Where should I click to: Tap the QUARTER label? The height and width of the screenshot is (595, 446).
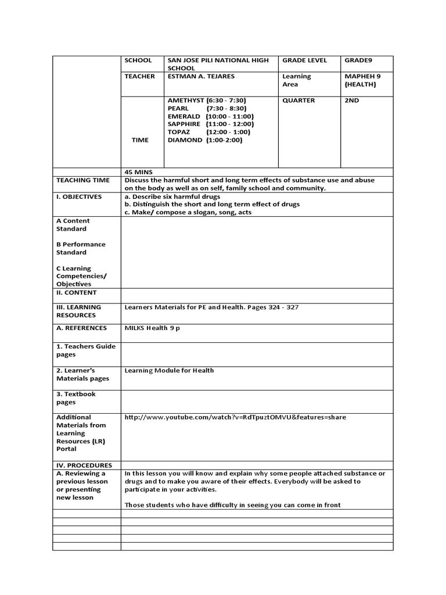298,101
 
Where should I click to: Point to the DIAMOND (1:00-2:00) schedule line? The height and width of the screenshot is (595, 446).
205,140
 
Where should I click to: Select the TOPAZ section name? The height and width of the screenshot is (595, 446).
179,132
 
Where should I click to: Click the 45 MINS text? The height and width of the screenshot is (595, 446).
138,172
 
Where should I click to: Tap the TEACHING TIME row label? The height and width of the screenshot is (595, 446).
82,180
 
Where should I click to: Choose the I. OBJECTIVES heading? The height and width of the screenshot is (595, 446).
79,196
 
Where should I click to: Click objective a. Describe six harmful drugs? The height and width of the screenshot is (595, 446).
177,196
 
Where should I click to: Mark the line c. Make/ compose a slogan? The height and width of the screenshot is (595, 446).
188,212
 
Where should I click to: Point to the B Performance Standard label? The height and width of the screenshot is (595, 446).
81,248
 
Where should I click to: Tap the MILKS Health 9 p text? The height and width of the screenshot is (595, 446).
152,328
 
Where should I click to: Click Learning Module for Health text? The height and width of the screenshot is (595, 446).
169,370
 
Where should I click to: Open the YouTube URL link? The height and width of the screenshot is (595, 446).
235,417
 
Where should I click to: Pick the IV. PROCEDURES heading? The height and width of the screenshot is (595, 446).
84,465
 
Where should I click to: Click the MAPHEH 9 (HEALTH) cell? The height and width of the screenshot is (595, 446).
360,80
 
